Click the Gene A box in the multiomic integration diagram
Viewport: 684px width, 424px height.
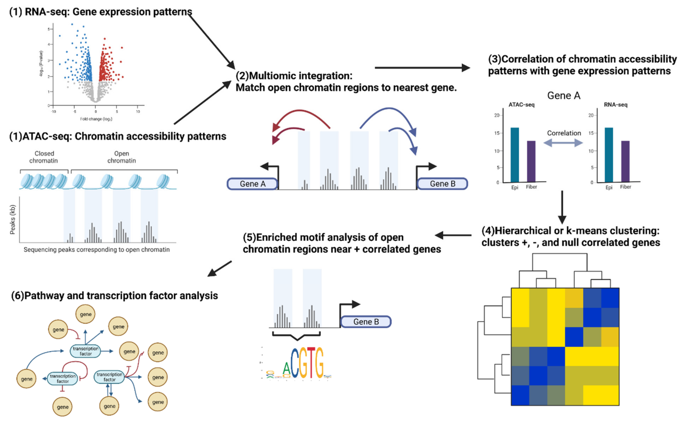pos(252,184)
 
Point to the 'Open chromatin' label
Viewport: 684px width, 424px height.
pos(122,157)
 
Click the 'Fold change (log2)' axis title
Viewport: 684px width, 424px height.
pos(96,119)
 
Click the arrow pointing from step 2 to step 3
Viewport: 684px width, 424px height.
pos(422,68)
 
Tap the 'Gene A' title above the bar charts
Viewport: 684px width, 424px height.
pos(564,96)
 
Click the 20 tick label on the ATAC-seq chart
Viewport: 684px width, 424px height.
pos(496,115)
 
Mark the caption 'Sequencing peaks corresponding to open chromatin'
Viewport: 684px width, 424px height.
pos(97,250)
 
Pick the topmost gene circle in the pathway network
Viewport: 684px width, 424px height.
pos(86,314)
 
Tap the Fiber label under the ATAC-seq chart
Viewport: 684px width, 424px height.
pos(531,187)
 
